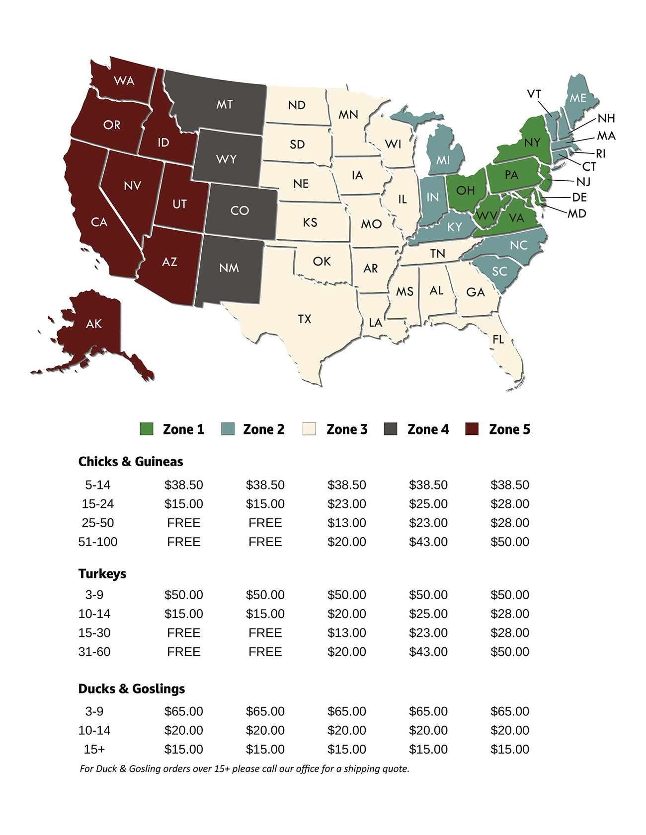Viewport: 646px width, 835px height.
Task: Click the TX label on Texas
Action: click(x=305, y=319)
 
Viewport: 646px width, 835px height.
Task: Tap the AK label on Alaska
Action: click(x=94, y=324)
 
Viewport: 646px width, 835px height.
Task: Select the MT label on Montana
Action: click(x=225, y=105)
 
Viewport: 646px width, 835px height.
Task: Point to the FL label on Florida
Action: click(x=498, y=340)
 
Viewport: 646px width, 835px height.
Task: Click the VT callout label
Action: click(x=534, y=94)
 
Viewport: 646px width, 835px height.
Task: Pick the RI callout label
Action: click(x=601, y=154)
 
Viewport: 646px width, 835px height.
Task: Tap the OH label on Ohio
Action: click(x=466, y=190)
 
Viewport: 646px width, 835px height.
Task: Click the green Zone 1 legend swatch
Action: click(x=147, y=429)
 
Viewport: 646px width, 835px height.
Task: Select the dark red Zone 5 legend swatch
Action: click(x=472, y=429)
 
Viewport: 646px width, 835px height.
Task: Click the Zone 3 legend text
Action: click(x=347, y=429)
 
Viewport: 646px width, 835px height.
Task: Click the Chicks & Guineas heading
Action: click(x=131, y=462)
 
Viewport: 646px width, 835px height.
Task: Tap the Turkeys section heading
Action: click(x=102, y=574)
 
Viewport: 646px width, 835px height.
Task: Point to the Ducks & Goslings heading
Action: click(x=132, y=689)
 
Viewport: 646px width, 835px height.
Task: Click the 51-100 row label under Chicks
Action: click(x=98, y=542)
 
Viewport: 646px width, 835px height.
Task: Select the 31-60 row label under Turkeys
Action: click(x=94, y=652)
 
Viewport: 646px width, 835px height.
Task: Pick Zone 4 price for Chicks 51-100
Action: click(x=428, y=542)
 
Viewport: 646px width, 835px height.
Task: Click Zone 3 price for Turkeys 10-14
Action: click(x=346, y=614)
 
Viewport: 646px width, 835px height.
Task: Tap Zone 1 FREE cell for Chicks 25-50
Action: click(x=183, y=523)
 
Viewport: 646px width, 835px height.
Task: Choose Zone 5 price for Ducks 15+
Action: click(x=509, y=750)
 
